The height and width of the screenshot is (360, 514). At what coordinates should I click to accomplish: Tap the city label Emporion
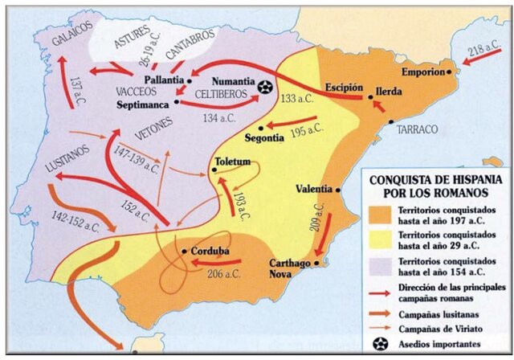(x=417, y=72)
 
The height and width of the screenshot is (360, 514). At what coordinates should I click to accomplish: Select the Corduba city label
(x=210, y=251)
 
